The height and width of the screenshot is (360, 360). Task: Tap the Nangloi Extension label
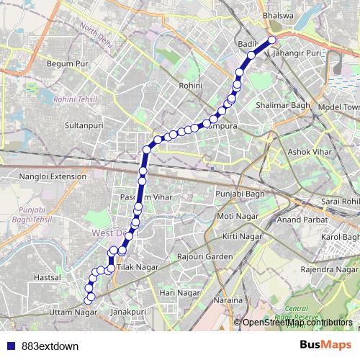[53, 175]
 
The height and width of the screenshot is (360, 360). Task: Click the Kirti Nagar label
[241, 236]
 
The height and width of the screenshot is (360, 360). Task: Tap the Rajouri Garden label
[204, 256]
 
